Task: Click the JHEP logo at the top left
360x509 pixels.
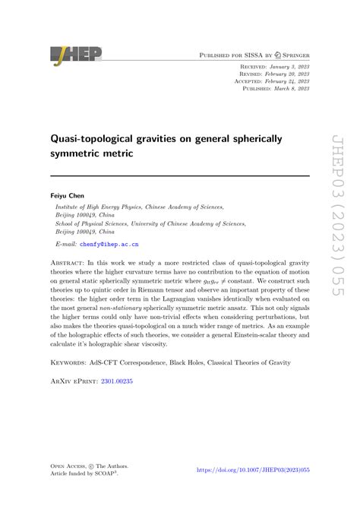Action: [x=75, y=54]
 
